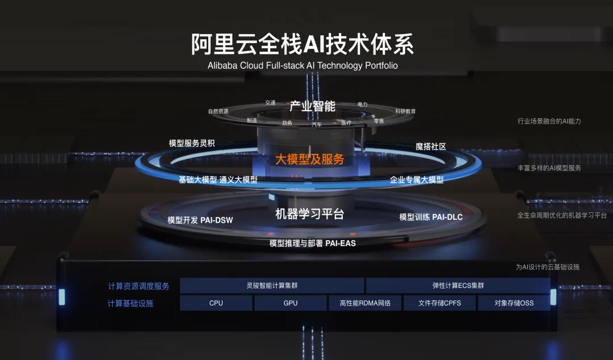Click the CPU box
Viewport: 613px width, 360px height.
click(x=216, y=303)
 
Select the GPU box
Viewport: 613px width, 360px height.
click(x=291, y=303)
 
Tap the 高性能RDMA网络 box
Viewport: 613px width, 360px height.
click(x=365, y=303)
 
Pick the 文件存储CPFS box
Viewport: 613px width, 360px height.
click(x=439, y=303)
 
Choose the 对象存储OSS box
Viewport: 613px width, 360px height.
click(x=514, y=303)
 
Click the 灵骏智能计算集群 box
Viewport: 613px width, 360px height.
click(x=272, y=286)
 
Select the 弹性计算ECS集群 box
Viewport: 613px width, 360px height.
click(x=458, y=286)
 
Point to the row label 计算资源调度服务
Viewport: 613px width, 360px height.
click(x=138, y=286)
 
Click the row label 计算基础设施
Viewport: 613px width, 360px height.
click(x=131, y=303)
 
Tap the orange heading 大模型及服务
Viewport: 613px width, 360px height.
click(x=310, y=160)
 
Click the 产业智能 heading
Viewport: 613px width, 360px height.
click(x=312, y=106)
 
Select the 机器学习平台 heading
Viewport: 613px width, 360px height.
click(x=309, y=214)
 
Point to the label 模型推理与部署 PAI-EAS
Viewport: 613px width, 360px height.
click(x=312, y=243)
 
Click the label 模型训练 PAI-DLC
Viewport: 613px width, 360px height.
click(x=431, y=217)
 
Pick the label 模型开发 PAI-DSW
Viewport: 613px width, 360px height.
click(x=200, y=220)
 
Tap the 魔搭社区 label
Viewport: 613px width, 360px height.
click(x=431, y=146)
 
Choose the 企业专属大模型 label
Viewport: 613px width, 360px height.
click(x=417, y=179)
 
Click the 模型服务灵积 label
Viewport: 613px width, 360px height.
click(x=192, y=144)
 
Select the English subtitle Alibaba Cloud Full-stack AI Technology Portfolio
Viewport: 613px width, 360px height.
click(x=303, y=65)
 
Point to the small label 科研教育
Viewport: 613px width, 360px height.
click(x=405, y=111)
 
